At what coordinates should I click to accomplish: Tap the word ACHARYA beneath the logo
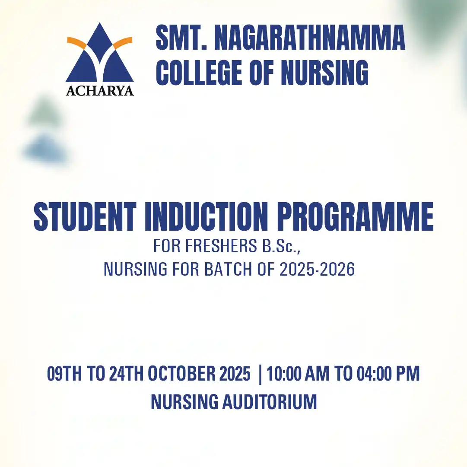pos(100,91)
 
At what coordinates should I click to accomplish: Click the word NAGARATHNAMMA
pos(310,38)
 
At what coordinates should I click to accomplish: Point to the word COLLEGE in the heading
pos(199,73)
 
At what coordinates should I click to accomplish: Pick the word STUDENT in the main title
pos(85,216)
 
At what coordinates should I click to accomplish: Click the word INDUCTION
pos(206,216)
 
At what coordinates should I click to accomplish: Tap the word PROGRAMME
pos(355,216)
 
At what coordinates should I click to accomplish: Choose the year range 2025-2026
pos(317,269)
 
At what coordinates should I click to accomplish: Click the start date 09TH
pos(64,374)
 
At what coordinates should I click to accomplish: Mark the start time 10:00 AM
pos(298,374)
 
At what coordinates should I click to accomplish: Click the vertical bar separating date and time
pos(261,375)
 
